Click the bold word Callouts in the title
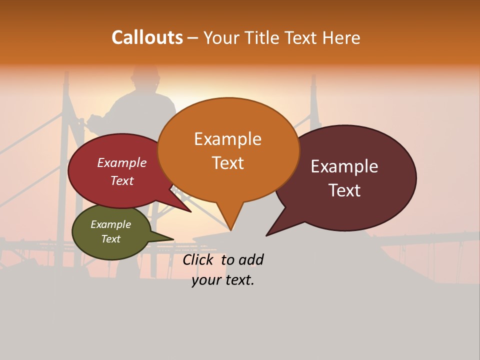tap(147, 37)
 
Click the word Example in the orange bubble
tap(227, 138)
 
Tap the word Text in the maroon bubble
tap(344, 190)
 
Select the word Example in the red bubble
tap(122, 163)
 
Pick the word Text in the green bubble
tap(110, 239)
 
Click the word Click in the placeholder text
tap(197, 259)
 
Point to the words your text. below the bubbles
tap(223, 280)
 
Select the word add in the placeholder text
tap(251, 259)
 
